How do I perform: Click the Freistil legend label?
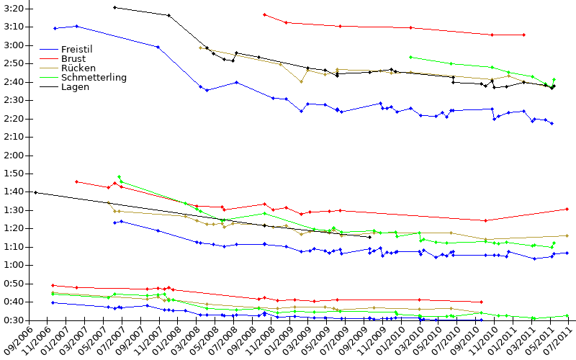(x=77, y=49)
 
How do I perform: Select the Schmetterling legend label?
(x=94, y=78)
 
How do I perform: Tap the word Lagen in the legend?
(x=76, y=87)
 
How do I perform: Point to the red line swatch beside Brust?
(x=49, y=59)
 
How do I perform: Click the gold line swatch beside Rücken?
(x=49, y=68)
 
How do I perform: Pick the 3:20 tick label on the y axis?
(x=14, y=9)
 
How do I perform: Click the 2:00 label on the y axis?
(x=14, y=156)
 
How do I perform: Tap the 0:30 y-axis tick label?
(x=14, y=320)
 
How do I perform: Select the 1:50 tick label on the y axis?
(x=14, y=174)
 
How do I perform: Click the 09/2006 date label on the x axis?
(x=17, y=341)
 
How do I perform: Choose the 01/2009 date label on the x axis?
(x=278, y=341)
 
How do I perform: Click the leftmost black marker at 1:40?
(x=35, y=192)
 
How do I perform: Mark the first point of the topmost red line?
(x=264, y=14)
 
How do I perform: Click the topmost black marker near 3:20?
(x=114, y=7)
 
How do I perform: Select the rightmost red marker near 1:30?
(x=567, y=210)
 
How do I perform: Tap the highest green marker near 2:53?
(x=410, y=58)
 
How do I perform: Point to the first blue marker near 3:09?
(x=55, y=28)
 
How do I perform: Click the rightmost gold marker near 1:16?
(x=567, y=236)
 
